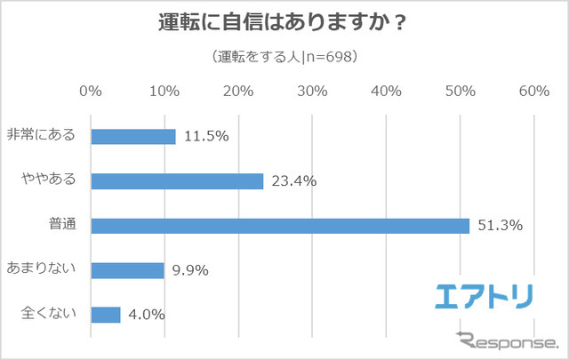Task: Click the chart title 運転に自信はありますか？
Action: point(284,23)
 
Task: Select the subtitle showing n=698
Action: point(284,58)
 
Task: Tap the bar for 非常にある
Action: point(133,136)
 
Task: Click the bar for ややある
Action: point(177,180)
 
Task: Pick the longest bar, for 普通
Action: point(280,225)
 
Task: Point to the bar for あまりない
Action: point(127,269)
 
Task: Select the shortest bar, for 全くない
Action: point(105,314)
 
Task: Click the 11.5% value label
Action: point(207,136)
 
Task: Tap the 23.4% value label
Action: point(295,180)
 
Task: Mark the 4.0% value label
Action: point(147,314)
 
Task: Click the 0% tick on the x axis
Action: point(91,91)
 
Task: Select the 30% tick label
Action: point(312,91)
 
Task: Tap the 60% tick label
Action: point(533,91)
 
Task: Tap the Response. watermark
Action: point(507,340)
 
